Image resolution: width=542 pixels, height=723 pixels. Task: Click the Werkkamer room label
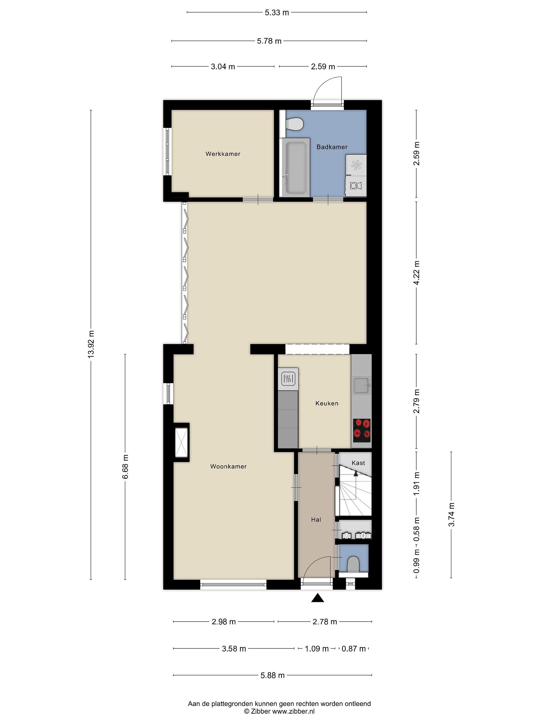[x=223, y=154]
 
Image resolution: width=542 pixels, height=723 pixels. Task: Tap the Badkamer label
[x=332, y=147]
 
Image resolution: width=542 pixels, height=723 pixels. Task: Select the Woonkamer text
[x=228, y=466]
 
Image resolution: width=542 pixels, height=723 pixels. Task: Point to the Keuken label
[x=327, y=403]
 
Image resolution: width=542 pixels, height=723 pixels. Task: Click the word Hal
[x=316, y=520]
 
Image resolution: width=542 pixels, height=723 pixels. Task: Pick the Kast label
[x=358, y=463]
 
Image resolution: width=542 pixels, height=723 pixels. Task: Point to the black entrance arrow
[x=317, y=598]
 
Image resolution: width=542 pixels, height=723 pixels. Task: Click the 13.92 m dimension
[x=91, y=344]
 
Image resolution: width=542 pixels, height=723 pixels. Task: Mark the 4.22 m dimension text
[x=417, y=273]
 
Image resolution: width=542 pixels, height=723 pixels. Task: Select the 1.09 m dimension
[x=317, y=648]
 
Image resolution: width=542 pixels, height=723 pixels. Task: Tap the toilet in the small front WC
[x=353, y=564]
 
